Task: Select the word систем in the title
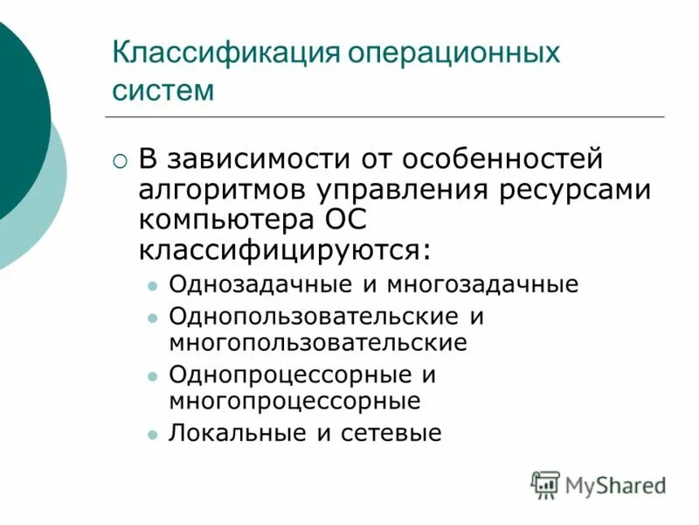click(163, 89)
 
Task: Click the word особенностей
click(504, 160)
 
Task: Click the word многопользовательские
click(318, 341)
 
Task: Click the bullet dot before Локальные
click(152, 434)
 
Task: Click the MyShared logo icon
click(545, 484)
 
